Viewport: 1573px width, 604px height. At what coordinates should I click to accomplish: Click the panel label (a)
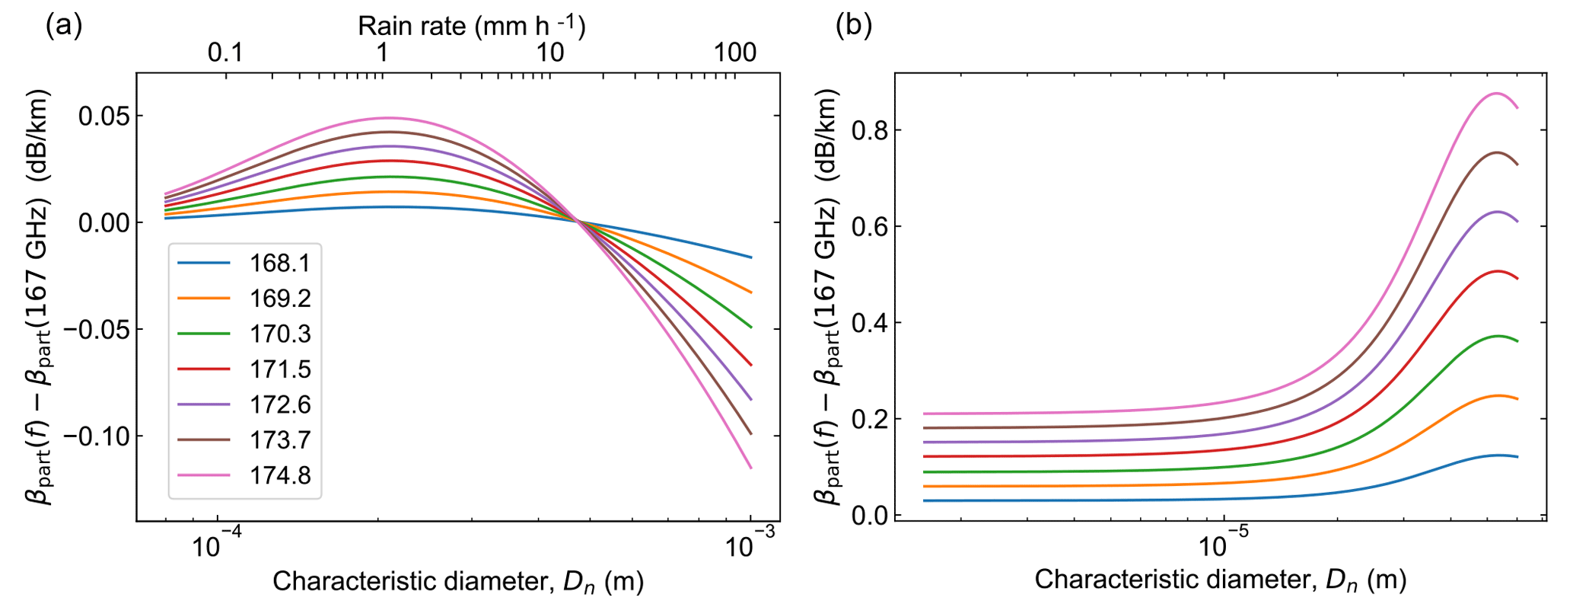tap(64, 26)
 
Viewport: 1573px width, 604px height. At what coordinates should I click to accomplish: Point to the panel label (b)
tap(854, 26)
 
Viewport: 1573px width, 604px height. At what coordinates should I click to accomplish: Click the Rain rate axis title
tap(472, 27)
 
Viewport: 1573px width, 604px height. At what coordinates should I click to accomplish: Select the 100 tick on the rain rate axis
tap(735, 53)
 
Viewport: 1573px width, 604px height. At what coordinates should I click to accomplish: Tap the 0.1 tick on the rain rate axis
tap(225, 53)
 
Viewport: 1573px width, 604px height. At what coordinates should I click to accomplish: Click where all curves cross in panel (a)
tap(578, 222)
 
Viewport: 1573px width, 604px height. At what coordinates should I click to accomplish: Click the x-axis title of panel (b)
tap(1220, 580)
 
